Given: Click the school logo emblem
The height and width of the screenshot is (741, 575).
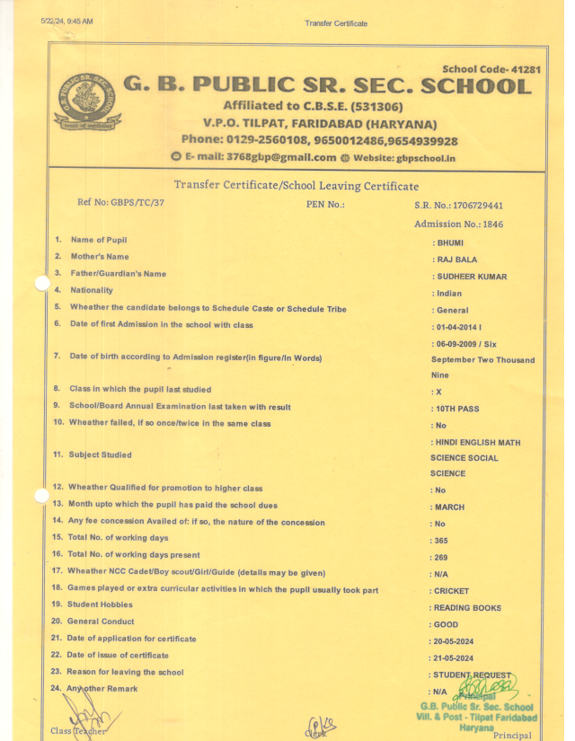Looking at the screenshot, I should tap(87, 102).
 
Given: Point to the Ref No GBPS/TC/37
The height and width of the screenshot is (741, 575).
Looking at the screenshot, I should tap(121, 202).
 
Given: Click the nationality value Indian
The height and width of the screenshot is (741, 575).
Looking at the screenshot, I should tap(449, 294).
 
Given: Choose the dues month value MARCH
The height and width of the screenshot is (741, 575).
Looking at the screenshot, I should tap(450, 507).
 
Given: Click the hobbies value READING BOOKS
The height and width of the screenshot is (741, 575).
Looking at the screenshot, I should tap(467, 608).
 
